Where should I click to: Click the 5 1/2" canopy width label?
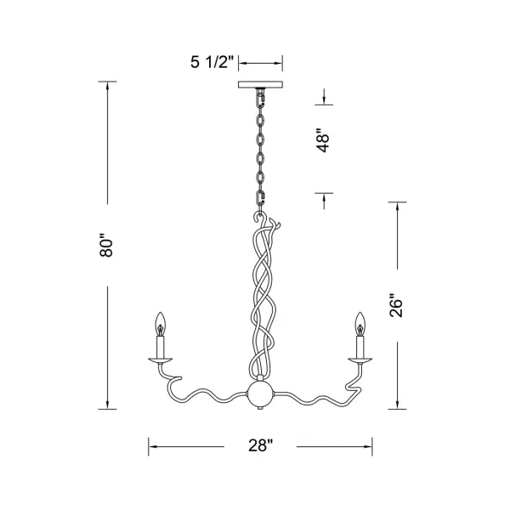212,62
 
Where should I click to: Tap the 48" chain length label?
324,141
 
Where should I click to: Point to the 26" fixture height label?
396,305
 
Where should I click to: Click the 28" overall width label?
261,445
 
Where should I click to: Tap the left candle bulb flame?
161,324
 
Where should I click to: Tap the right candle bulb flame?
360,324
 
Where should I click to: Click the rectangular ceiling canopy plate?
261,84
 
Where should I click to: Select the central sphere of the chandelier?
261,394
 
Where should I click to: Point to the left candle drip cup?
161,360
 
